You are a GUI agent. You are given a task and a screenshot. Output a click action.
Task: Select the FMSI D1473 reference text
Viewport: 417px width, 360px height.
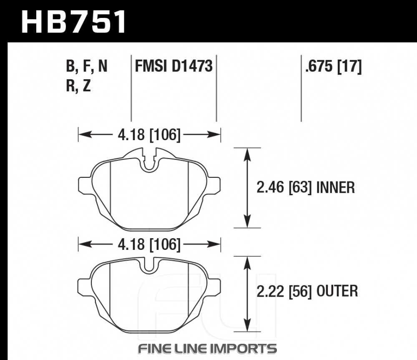pos(173,66)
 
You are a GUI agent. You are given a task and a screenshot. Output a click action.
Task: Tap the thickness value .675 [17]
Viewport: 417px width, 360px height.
pos(334,66)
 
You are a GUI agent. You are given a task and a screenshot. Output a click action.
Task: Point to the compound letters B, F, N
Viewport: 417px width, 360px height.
pos(87,66)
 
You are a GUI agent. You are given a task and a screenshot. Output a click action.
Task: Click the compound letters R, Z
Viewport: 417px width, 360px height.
pos(78,86)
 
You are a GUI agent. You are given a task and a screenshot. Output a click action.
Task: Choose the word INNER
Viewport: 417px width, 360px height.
pos(336,188)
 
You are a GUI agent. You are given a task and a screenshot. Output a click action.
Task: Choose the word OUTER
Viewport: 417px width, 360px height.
pos(337,291)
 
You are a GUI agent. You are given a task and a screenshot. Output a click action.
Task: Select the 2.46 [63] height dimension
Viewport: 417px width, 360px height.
pos(284,188)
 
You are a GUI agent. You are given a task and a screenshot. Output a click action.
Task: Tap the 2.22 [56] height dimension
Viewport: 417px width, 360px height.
pos(284,291)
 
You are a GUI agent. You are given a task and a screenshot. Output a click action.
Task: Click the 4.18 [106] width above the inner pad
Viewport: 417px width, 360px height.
pos(149,135)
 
